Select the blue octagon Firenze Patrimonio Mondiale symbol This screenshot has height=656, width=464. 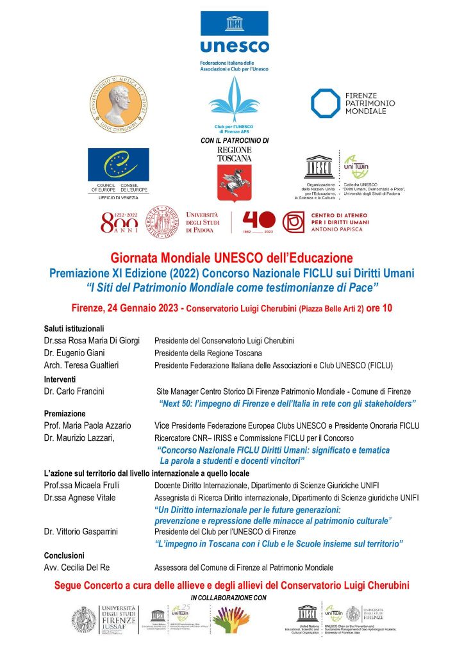pyautogui.click(x=325, y=103)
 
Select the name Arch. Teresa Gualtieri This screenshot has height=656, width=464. pyautogui.click(x=82, y=366)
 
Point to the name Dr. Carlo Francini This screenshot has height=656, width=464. pyautogui.click(x=74, y=391)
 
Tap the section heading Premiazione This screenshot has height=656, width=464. pyautogui.click(x=65, y=413)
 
